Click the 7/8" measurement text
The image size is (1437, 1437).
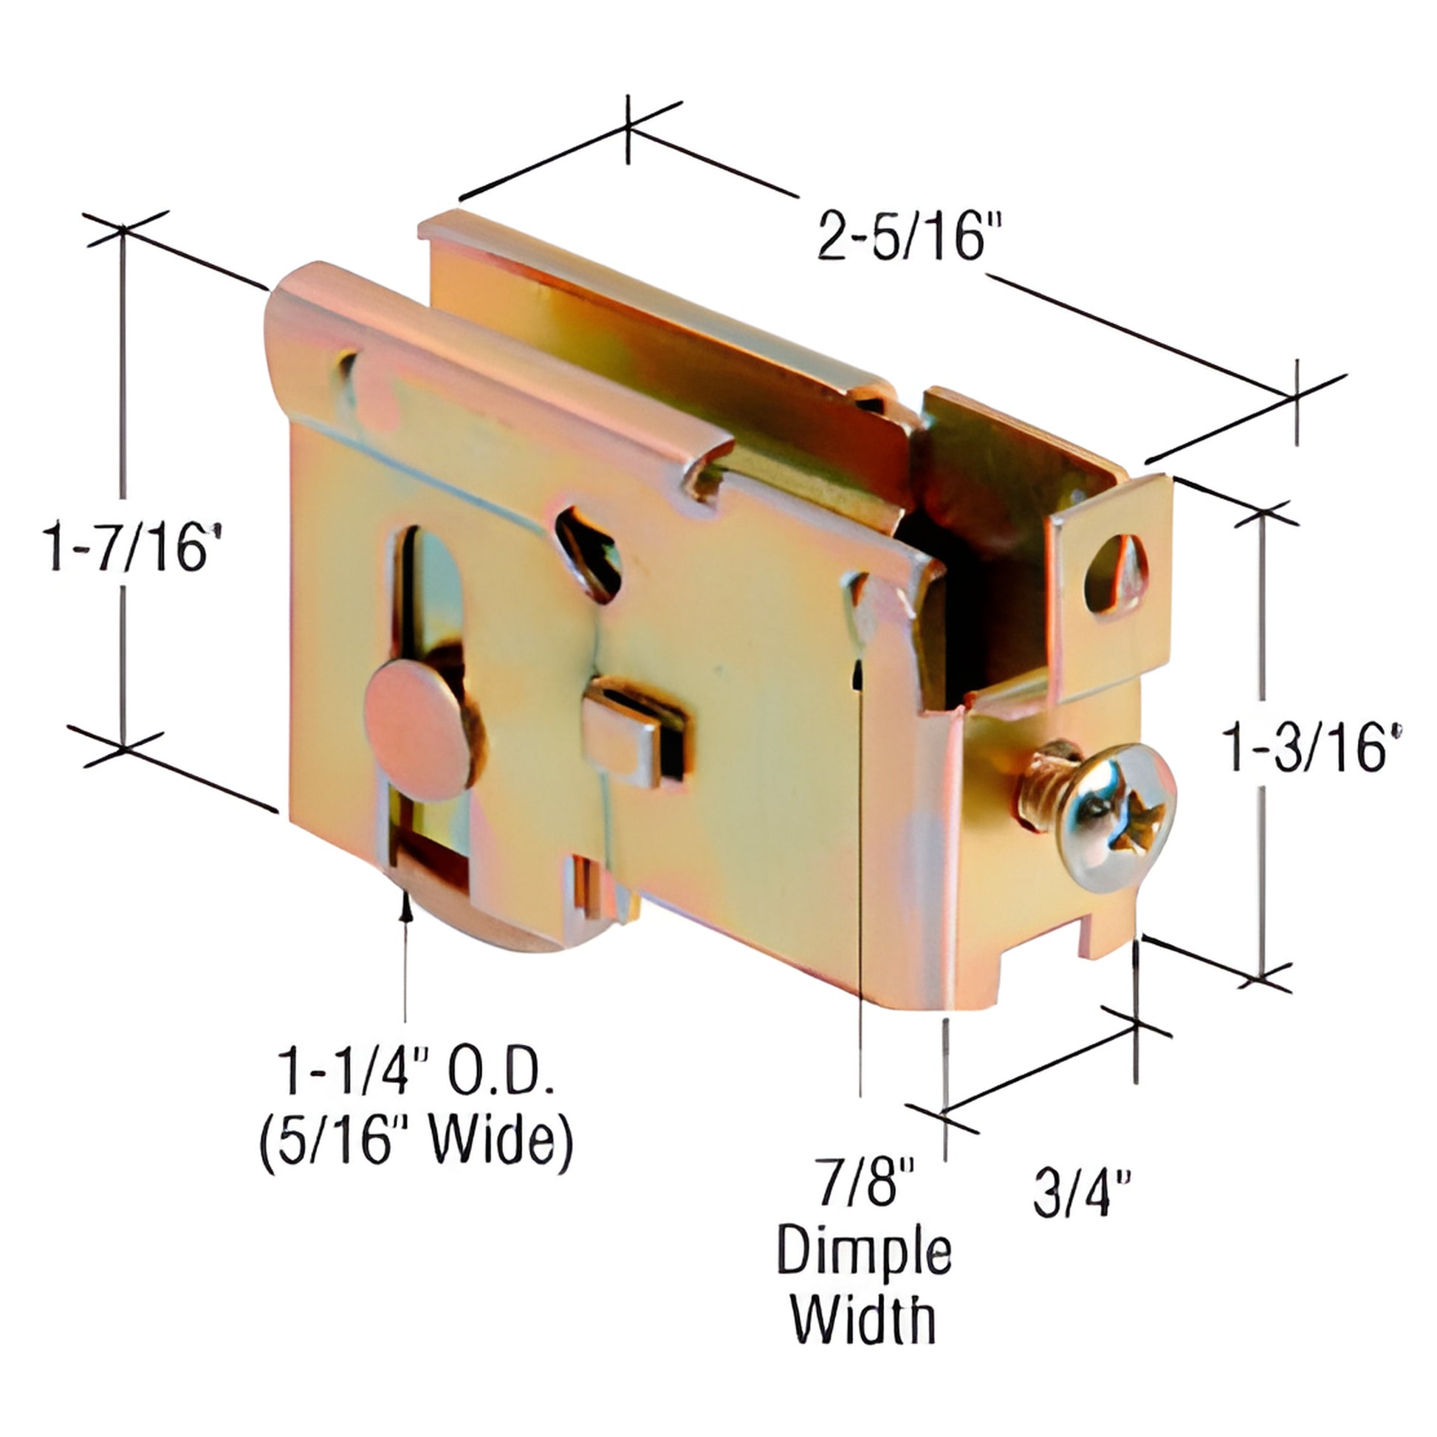coord(862,1189)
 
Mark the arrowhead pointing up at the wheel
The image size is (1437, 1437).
coord(406,906)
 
